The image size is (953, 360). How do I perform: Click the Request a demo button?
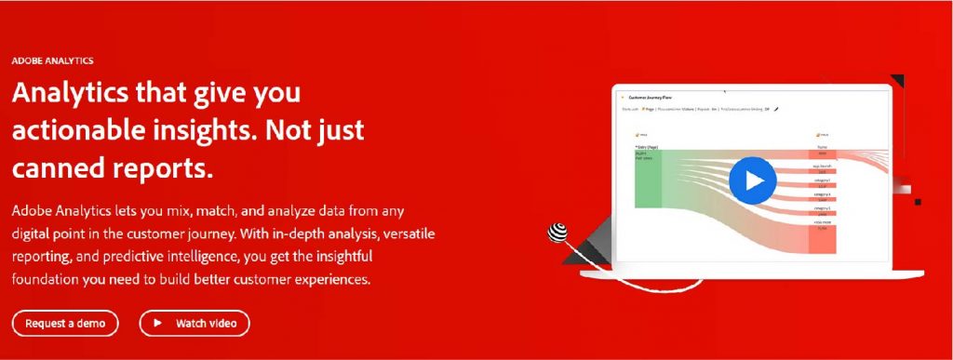pos(65,323)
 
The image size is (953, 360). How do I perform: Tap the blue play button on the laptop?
pos(752,180)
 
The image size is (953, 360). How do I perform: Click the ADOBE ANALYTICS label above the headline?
pos(52,60)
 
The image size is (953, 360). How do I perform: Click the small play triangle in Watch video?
pos(157,323)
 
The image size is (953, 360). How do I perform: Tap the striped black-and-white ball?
pos(559,233)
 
